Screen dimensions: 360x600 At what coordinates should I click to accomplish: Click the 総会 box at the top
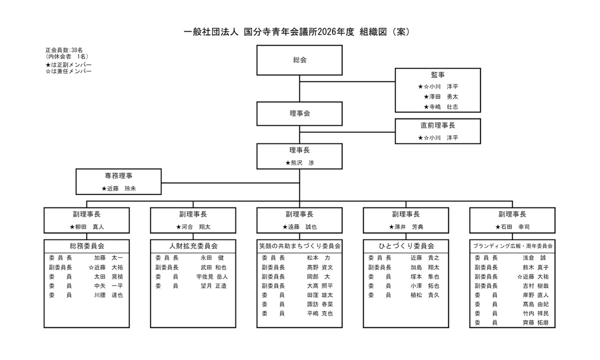pyautogui.click(x=299, y=60)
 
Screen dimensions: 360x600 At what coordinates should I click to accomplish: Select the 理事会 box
pyautogui.click(x=299, y=113)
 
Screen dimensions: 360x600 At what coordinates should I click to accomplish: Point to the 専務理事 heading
pyautogui.click(x=118, y=175)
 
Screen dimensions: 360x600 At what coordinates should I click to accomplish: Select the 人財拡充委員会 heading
pyautogui.click(x=193, y=246)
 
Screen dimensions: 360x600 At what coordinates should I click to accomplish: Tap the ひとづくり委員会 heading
pyautogui.click(x=406, y=246)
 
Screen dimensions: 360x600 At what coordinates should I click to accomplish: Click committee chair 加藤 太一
pyautogui.click(x=108, y=258)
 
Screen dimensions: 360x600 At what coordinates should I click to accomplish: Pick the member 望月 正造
pyautogui.click(x=213, y=286)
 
